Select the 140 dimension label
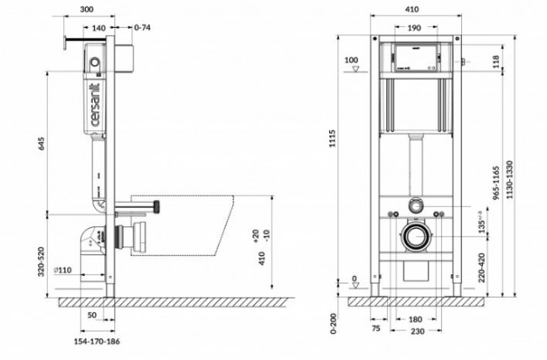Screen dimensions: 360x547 point(99,29)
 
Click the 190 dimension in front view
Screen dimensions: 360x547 point(412,29)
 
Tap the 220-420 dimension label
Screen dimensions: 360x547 point(481,257)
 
